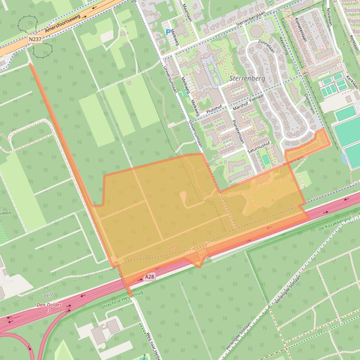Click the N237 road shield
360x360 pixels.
point(35,40)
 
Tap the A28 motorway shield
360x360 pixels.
point(149,277)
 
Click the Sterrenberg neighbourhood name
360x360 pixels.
point(247,79)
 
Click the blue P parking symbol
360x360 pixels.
point(168,32)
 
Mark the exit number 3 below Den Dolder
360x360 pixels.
point(49,311)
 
